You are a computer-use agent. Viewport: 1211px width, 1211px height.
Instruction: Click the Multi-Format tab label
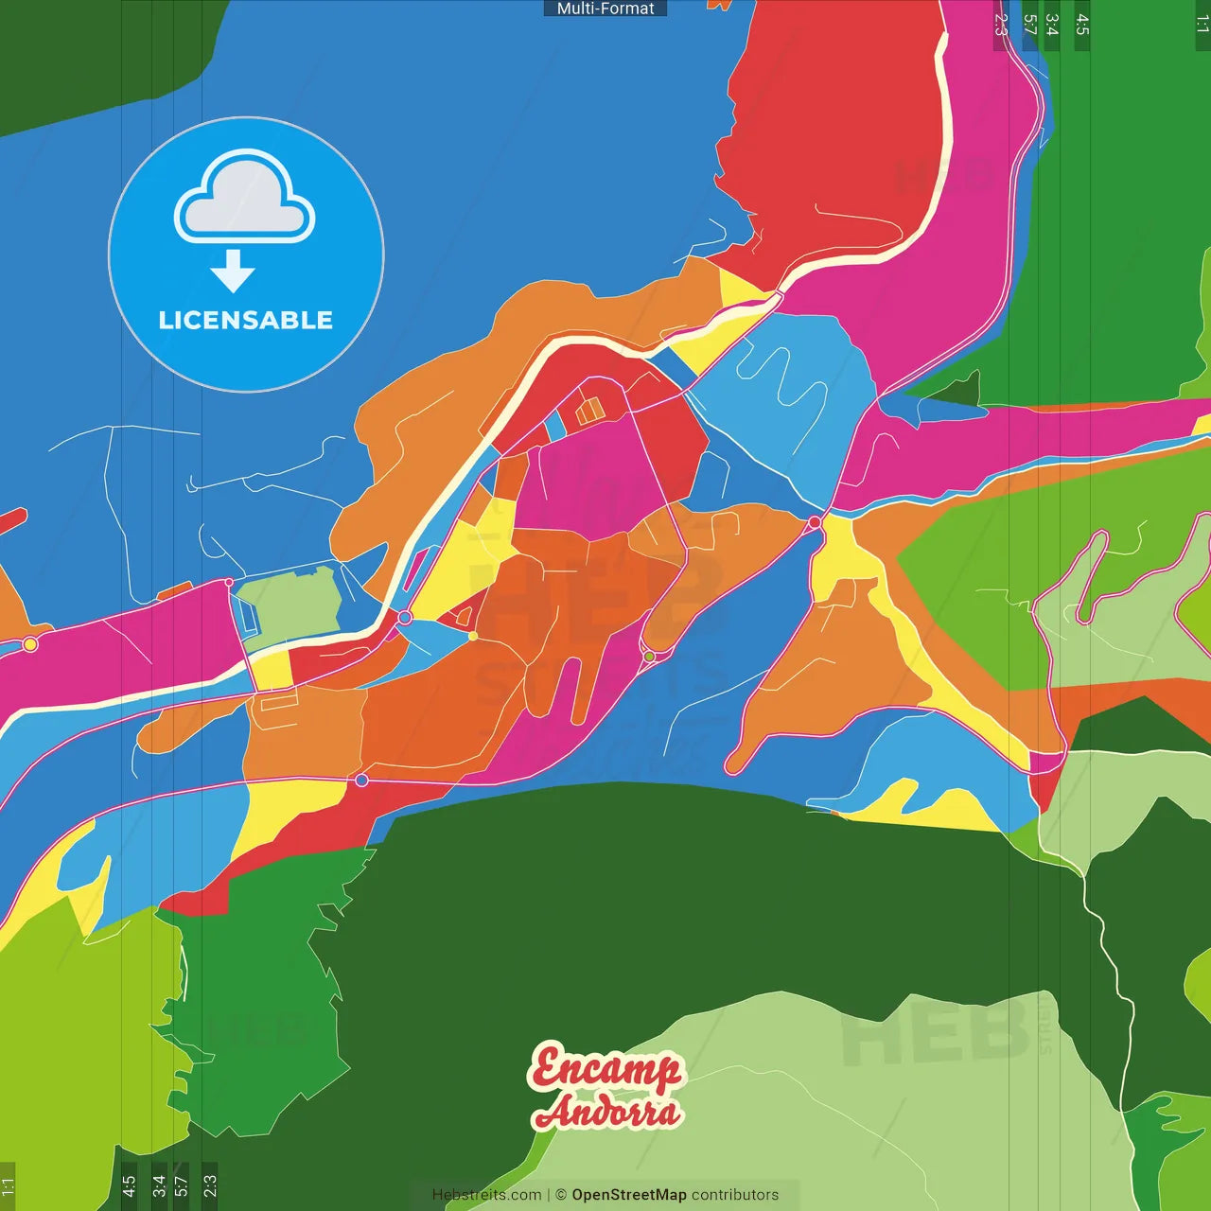(605, 9)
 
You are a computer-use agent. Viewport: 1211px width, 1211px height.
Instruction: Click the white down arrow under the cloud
(233, 272)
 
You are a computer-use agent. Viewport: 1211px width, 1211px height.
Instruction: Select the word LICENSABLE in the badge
(246, 321)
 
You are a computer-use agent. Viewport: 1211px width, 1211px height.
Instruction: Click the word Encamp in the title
(605, 1069)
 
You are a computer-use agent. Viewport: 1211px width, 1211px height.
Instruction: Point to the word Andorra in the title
(607, 1113)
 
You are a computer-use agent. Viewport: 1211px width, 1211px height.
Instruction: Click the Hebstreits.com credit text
(486, 1195)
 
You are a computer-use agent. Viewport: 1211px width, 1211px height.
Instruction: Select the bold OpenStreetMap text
(629, 1195)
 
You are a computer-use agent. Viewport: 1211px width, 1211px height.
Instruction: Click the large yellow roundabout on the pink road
(30, 644)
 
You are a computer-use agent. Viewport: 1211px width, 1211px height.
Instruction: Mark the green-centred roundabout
(649, 656)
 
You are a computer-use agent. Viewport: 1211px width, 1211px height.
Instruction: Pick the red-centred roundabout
(815, 522)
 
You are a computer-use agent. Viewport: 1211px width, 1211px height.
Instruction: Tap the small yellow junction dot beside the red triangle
(473, 636)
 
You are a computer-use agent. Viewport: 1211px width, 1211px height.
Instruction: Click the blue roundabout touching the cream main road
(405, 618)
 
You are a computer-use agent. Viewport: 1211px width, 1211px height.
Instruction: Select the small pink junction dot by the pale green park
(229, 583)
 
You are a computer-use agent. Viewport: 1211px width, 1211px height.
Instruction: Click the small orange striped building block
(589, 411)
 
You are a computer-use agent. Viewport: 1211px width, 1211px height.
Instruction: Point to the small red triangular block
(464, 617)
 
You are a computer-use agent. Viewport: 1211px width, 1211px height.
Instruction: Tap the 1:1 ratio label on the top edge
(1202, 25)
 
